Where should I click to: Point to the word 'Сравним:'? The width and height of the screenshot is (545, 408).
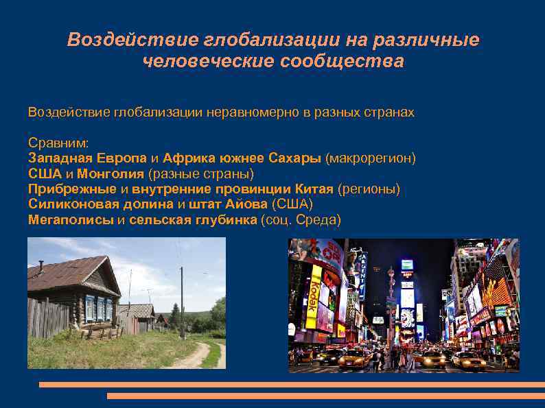click(58, 143)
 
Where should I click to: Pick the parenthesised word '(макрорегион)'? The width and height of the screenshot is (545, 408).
click(371, 158)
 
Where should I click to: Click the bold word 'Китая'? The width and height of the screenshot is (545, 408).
click(314, 189)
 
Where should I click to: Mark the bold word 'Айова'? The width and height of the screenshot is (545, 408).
click(247, 204)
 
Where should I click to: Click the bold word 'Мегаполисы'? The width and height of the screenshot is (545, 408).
click(71, 220)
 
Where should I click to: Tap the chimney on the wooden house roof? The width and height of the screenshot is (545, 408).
click(41, 265)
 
